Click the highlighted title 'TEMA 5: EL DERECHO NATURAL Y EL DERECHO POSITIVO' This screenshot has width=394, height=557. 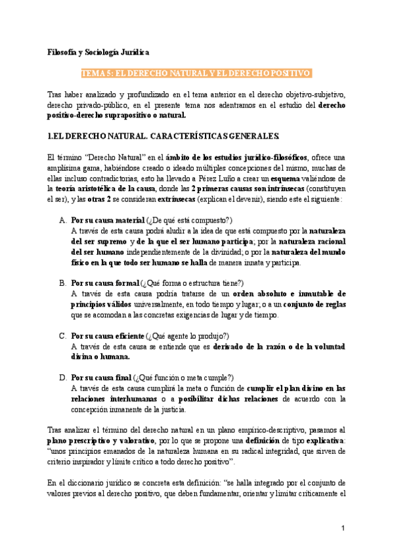pos(196,73)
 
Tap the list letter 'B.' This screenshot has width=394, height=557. pos(63,283)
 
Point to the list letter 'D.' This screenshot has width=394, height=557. pos(63,378)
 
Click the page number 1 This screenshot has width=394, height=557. pos(343,529)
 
